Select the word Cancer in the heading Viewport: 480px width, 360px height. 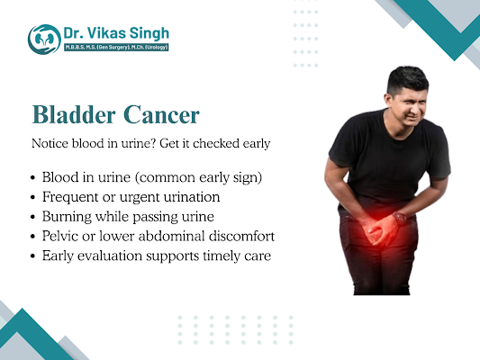click(x=168, y=116)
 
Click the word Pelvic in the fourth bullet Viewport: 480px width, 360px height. click(x=61, y=236)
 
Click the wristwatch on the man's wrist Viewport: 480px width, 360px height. click(x=399, y=216)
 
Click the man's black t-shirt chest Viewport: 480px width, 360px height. click(x=396, y=153)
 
